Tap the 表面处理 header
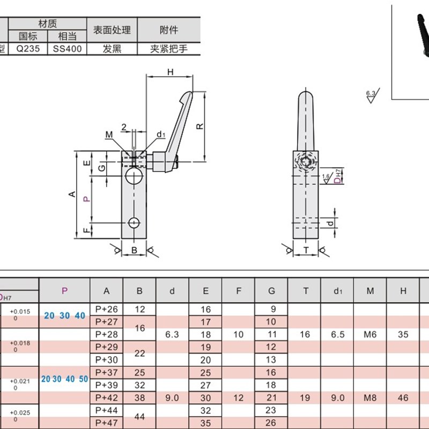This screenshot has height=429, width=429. click(112, 30)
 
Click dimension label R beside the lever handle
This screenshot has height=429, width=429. click(199, 127)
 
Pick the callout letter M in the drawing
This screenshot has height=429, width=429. click(109, 134)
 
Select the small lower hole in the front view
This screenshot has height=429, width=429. click(134, 222)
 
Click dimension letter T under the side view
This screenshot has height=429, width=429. click(306, 250)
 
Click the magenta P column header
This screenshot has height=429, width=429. click(64, 291)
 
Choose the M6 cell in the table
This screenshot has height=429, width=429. click(370, 334)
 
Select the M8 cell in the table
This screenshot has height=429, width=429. click(370, 398)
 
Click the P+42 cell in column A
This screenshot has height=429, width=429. click(106, 398)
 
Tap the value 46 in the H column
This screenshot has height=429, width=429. click(403, 398)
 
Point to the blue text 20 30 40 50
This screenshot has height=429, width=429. click(64, 379)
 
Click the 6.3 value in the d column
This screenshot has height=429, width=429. click(172, 334)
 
